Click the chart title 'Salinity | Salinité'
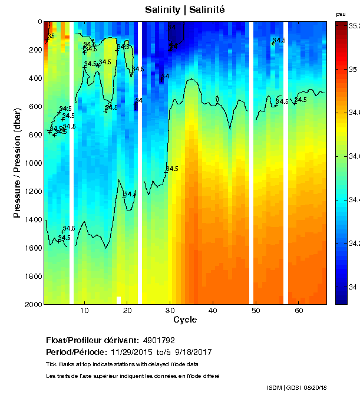[184, 10]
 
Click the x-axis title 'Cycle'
[184, 320]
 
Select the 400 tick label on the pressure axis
[34, 78]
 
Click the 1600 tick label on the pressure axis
[32, 248]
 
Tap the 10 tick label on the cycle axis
[84, 311]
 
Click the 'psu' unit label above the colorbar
[341, 14]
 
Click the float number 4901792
[158, 341]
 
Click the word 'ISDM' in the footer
[274, 387]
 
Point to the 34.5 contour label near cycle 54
[279, 40]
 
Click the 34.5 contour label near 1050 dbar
[172, 169]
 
